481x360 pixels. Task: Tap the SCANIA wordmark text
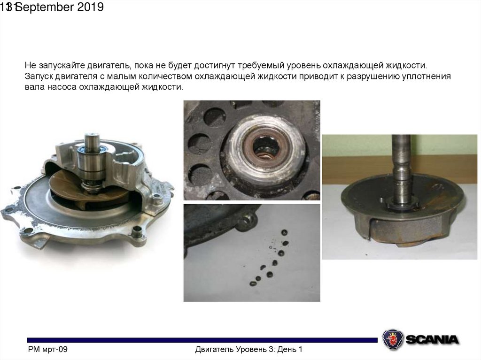[x=432, y=339]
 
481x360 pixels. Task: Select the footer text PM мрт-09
[x=47, y=349]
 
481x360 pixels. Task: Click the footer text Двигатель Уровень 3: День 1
[x=249, y=349]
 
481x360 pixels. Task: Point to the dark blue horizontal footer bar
[x=202, y=340]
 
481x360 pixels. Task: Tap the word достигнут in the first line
[x=215, y=65]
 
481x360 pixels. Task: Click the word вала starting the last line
[x=35, y=87]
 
